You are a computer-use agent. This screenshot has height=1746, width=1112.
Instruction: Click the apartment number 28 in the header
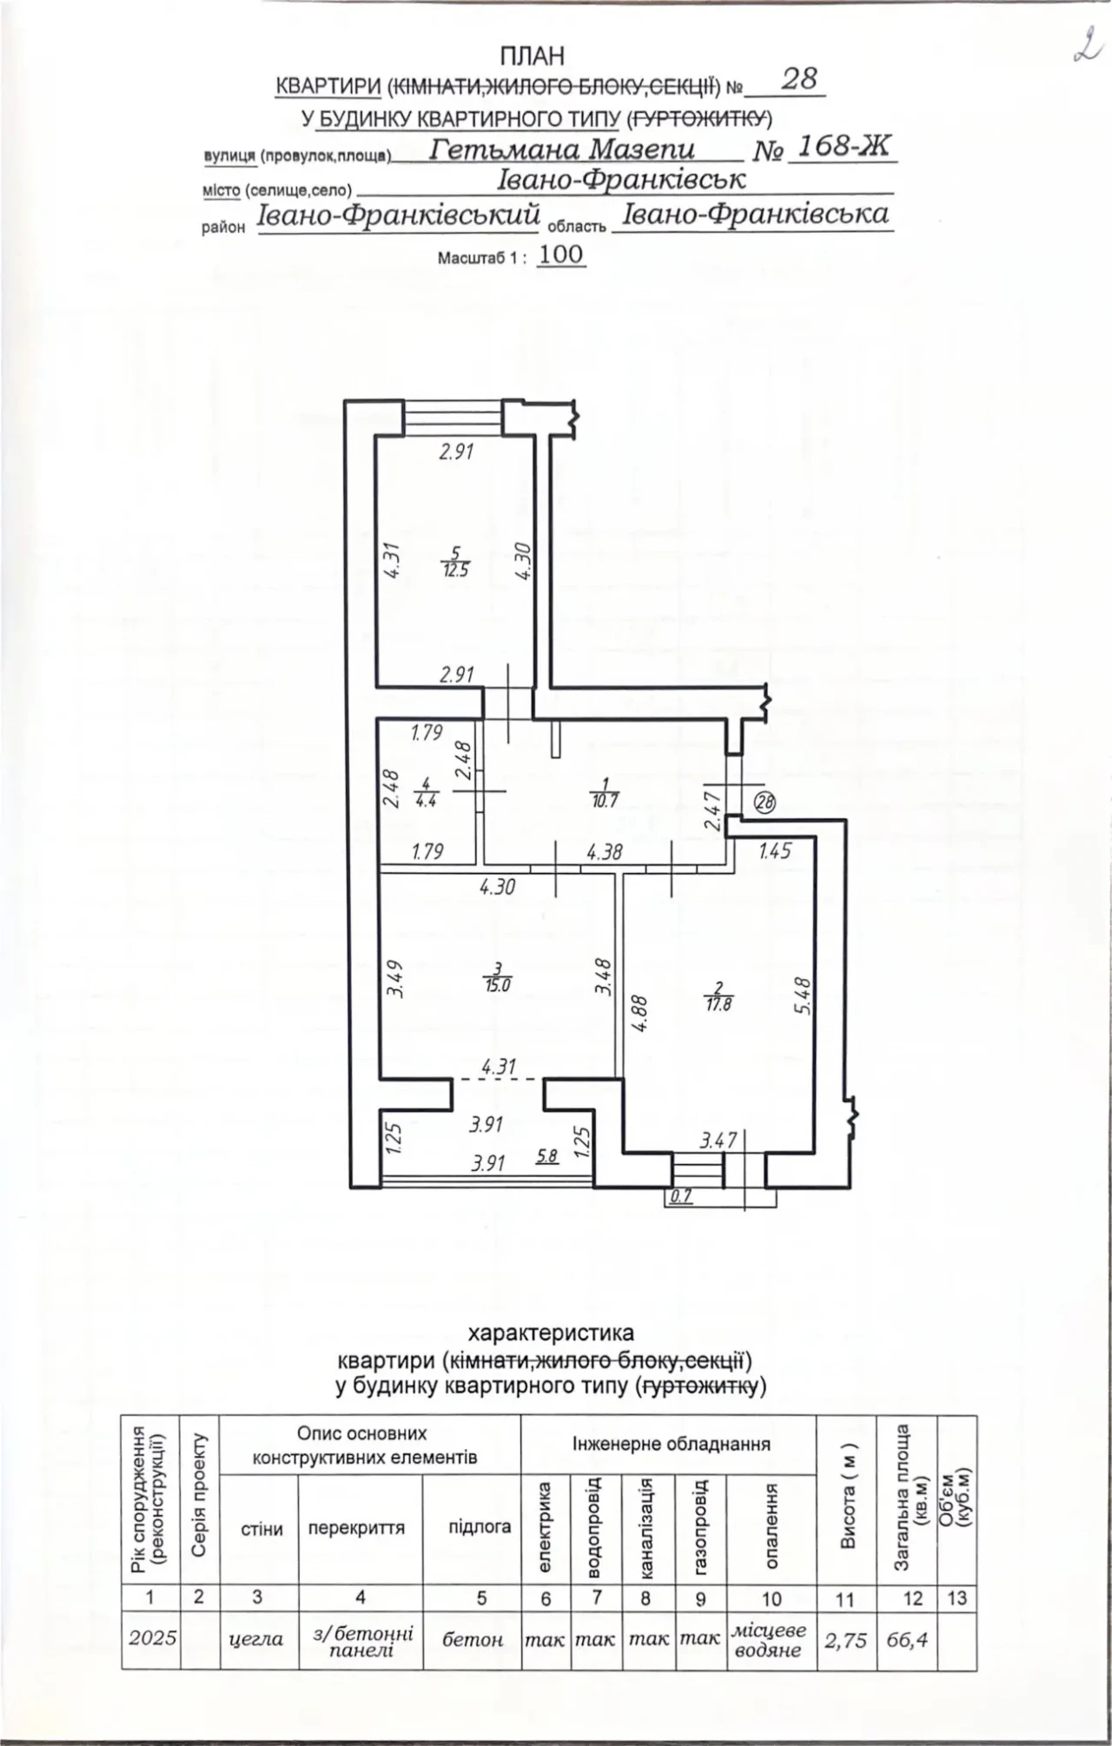coord(799,79)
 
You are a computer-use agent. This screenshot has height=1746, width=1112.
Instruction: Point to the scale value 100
coord(561,255)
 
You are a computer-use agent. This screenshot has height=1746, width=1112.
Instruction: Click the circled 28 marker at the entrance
coord(764,803)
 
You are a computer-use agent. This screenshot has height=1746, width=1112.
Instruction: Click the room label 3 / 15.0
coord(498,977)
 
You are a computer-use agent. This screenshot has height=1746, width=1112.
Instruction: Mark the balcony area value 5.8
coord(547,1156)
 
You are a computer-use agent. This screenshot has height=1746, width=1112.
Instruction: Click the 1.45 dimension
coord(776,851)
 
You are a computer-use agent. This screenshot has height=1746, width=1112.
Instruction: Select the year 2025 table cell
coord(152,1638)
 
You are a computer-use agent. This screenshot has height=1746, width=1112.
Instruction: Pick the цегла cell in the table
coord(256,1639)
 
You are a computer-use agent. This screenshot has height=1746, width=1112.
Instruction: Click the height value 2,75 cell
coord(845,1638)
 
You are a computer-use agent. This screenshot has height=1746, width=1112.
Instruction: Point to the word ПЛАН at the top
coord(532,56)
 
